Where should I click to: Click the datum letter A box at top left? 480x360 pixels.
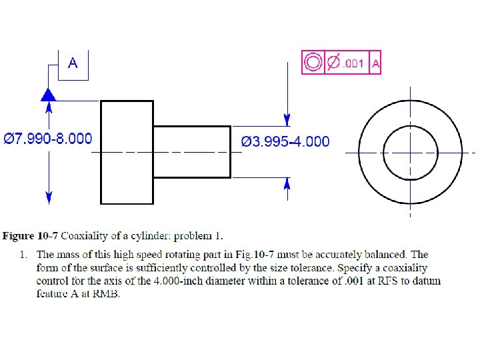click(x=73, y=64)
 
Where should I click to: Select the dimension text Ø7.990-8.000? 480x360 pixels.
click(x=48, y=139)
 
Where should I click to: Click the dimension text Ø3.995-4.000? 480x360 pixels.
click(x=285, y=141)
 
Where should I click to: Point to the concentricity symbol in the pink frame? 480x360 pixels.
click(x=312, y=63)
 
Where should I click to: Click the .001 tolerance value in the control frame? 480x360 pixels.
click(x=353, y=63)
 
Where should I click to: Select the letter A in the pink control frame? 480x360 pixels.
click(x=375, y=63)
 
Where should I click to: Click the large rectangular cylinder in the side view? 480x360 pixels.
click(x=127, y=152)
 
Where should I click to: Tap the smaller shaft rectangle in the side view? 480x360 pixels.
click(x=192, y=152)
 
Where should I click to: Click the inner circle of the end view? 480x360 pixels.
click(x=410, y=152)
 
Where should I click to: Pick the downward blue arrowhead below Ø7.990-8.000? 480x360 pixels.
click(x=48, y=197)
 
